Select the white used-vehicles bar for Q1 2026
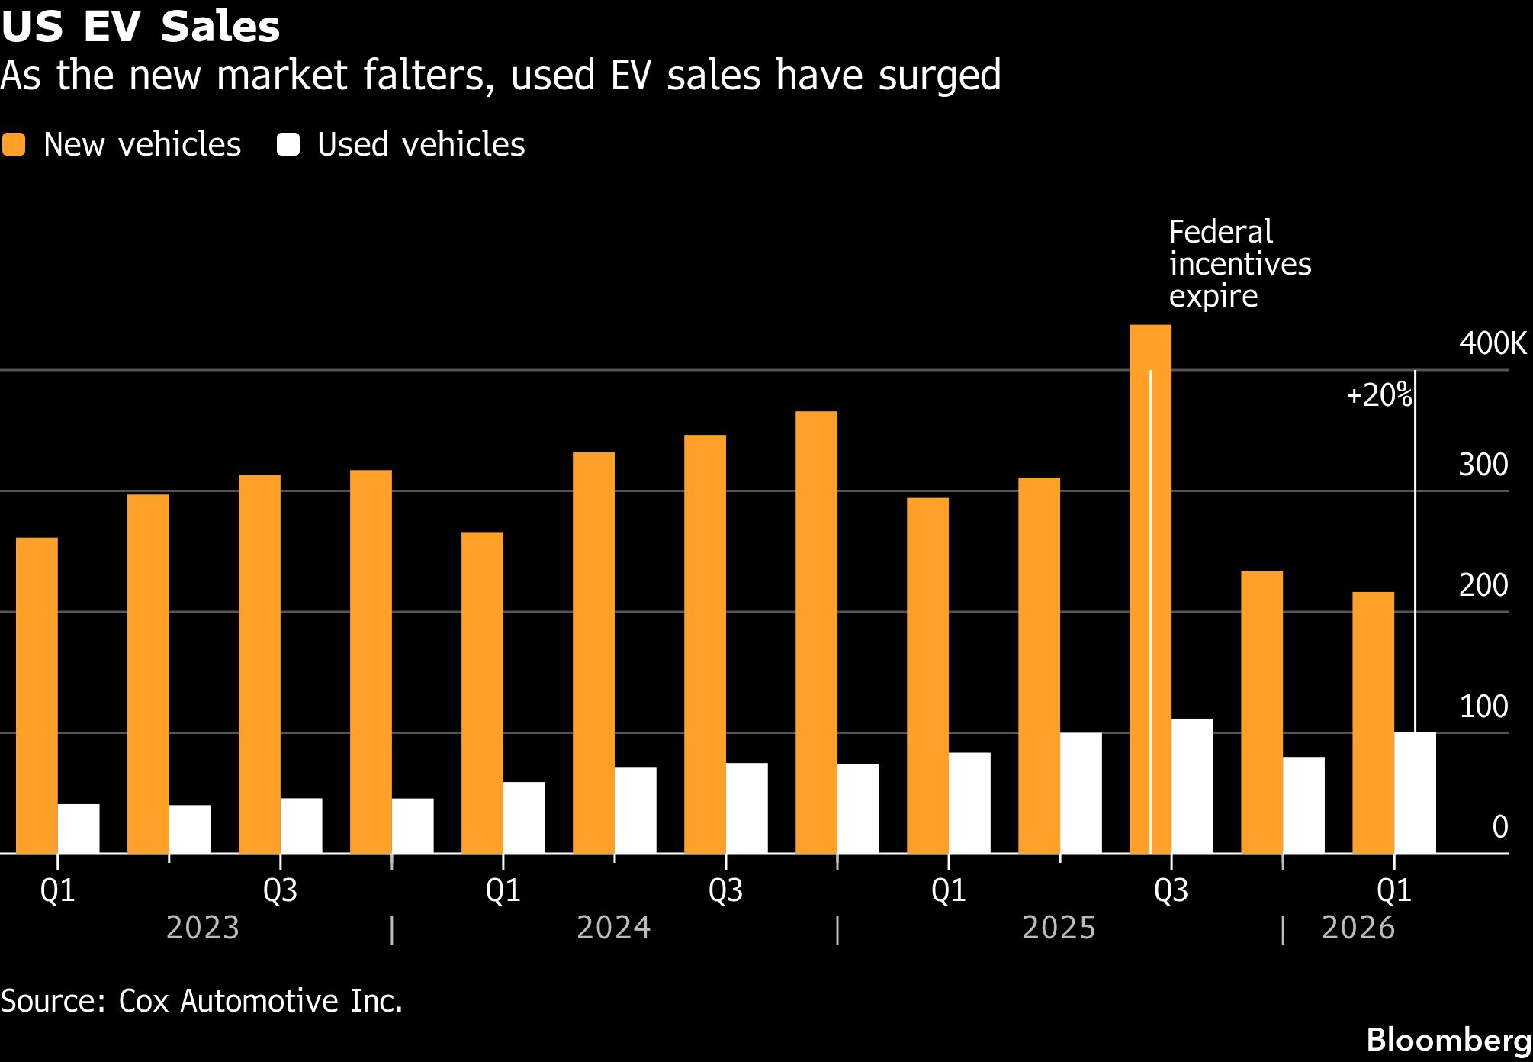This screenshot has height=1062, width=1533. [1415, 793]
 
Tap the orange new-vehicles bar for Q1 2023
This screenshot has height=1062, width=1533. [37, 695]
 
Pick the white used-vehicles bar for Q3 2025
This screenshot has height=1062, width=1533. [1192, 786]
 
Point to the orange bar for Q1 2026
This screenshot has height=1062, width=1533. [1373, 722]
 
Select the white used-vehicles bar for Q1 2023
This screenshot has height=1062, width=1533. [79, 829]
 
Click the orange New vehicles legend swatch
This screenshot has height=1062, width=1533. [14, 144]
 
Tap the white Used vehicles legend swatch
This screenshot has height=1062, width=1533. [288, 144]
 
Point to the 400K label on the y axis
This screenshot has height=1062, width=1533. [1492, 344]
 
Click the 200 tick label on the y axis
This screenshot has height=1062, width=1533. [1483, 586]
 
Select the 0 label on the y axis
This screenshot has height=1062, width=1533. [1499, 827]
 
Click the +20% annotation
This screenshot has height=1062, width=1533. [1379, 396]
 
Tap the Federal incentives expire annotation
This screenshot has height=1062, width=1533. [1239, 264]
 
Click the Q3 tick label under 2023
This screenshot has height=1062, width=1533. [280, 891]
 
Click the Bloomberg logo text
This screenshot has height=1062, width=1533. [1448, 1040]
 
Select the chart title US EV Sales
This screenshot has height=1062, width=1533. [140, 26]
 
